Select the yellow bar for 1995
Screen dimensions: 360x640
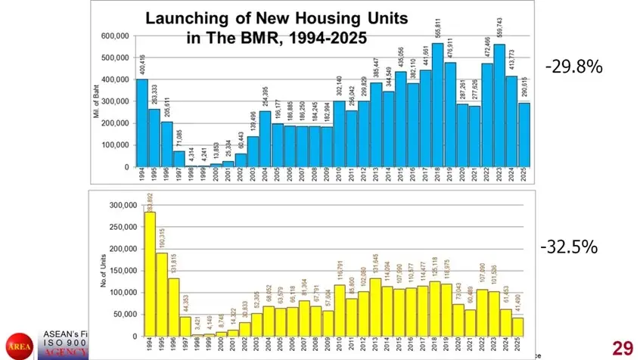[163, 294]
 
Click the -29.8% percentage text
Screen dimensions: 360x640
[573, 67]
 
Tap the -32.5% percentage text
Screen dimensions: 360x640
[569, 247]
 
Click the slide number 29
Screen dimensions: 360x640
[622, 347]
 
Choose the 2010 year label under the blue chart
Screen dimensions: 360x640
[338, 175]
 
